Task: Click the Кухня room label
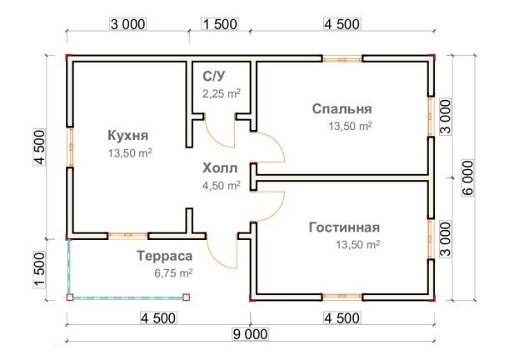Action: coord(128,136)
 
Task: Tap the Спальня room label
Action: coord(342,108)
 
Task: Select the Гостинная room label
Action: coord(343,227)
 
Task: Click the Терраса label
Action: coord(165,256)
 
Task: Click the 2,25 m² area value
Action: coord(222,94)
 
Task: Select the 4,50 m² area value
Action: coord(222,185)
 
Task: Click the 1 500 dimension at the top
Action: coord(220,24)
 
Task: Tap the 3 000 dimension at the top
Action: coord(128,24)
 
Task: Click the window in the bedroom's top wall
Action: coord(342,58)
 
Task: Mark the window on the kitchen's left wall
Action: coord(71,147)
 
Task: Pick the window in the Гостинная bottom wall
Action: coord(342,295)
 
